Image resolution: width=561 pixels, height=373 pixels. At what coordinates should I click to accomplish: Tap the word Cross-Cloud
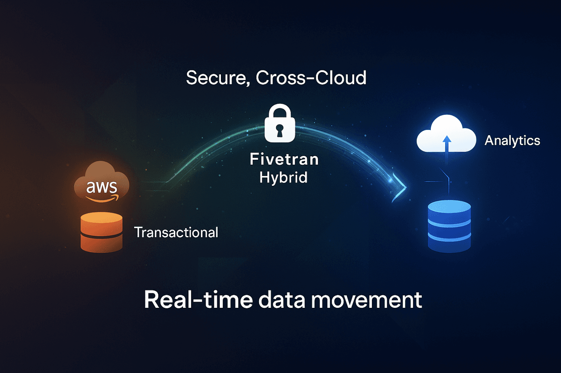tap(311, 78)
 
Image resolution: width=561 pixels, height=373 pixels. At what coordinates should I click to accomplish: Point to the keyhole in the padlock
tap(280, 130)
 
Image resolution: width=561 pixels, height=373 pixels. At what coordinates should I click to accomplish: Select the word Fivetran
tap(284, 159)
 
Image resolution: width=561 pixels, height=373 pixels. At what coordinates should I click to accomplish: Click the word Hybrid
tap(283, 177)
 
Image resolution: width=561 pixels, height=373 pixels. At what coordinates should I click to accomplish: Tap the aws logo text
tap(101, 187)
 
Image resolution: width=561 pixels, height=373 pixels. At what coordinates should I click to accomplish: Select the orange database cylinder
tap(101, 232)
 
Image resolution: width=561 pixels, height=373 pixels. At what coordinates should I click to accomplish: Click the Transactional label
tap(176, 232)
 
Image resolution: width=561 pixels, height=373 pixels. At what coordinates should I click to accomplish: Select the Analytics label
tap(512, 140)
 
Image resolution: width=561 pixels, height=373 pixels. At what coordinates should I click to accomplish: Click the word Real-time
tap(198, 300)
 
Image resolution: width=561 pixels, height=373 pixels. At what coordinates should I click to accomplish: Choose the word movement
tap(366, 300)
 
